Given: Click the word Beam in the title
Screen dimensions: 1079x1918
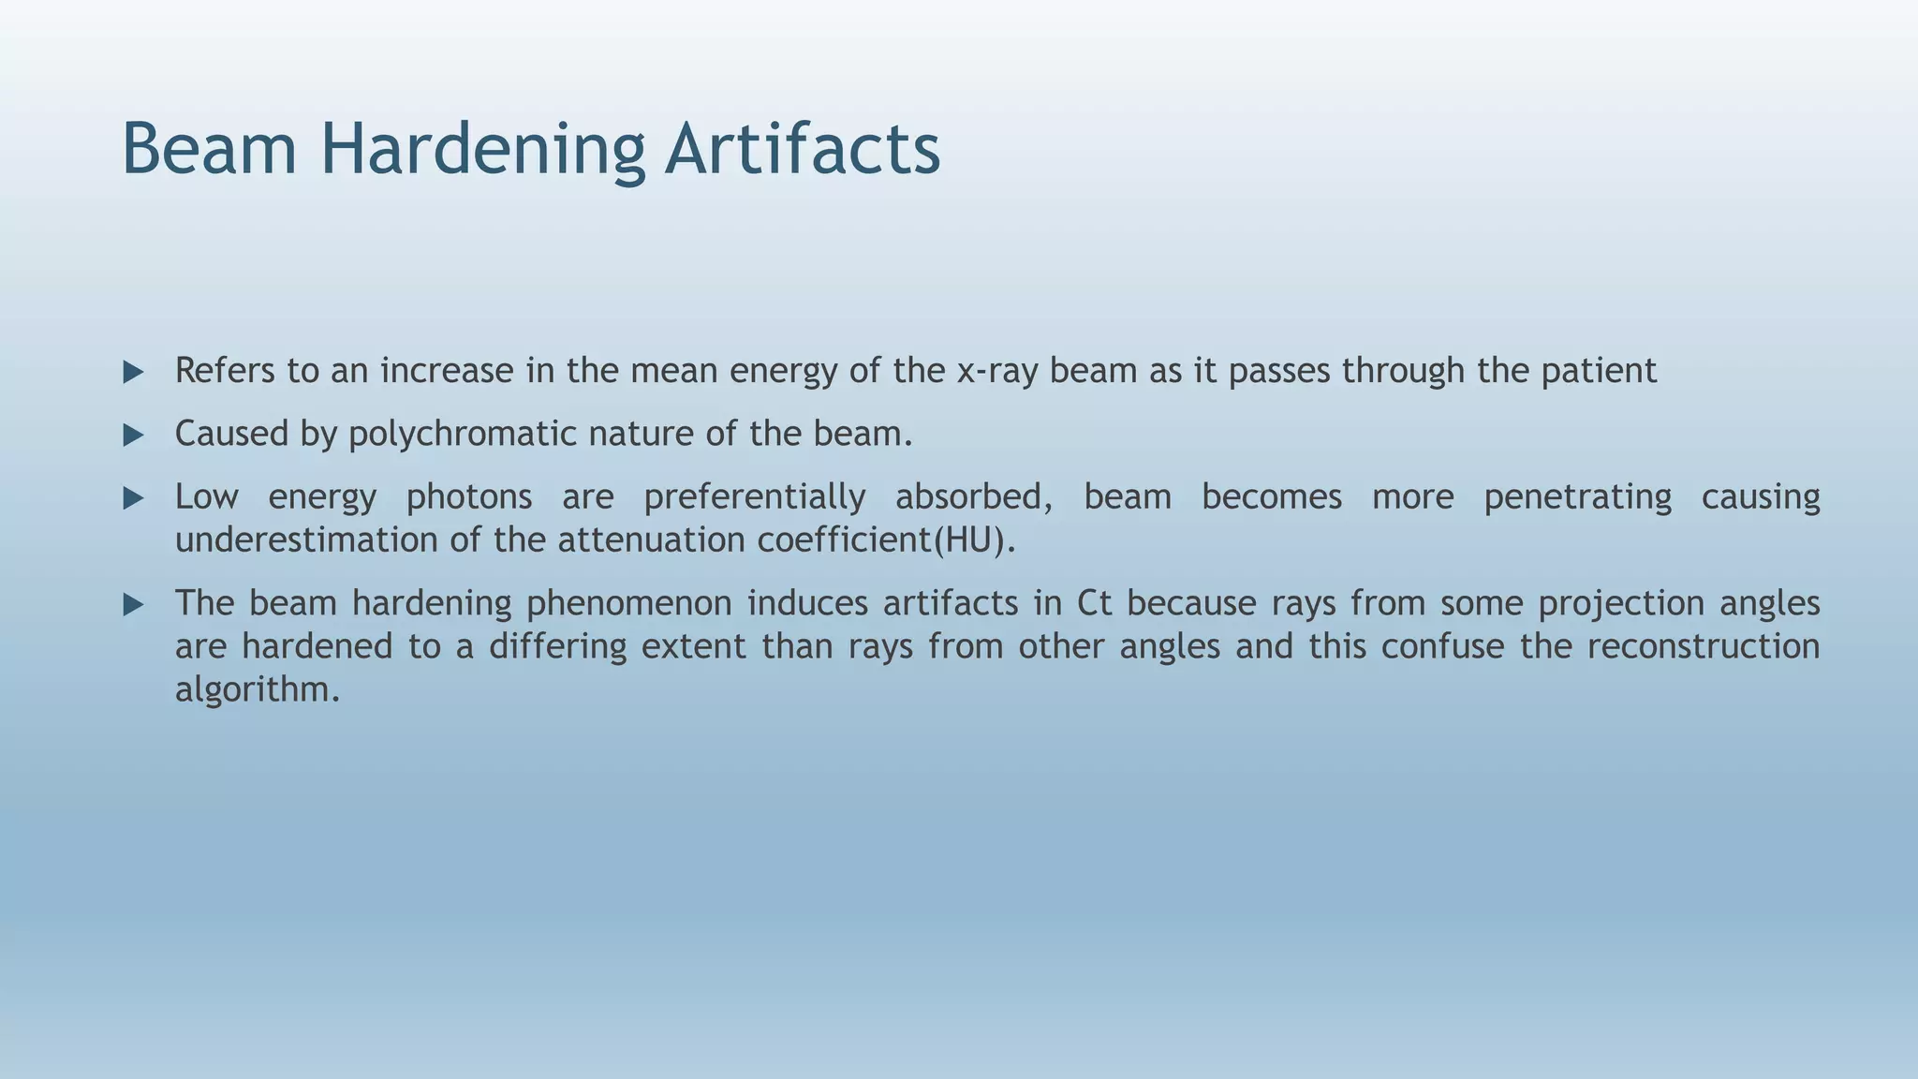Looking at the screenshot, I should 209,150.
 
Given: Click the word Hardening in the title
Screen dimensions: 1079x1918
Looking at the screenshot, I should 482,150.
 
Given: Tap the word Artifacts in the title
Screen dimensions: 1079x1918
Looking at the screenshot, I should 803,150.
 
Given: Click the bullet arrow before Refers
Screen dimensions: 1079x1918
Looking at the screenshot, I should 134,373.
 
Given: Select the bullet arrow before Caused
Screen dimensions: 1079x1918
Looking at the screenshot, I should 134,436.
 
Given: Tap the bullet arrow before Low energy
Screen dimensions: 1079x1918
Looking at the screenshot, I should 134,498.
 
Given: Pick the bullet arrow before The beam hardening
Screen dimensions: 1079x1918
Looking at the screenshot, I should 134,605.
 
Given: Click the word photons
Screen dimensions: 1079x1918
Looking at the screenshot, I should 468,497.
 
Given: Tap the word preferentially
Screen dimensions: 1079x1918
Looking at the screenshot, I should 754,497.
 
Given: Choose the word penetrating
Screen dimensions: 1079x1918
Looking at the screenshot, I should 1577,497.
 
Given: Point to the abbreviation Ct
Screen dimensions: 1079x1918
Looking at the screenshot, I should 1094,603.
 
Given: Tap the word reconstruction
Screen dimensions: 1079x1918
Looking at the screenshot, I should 1703,646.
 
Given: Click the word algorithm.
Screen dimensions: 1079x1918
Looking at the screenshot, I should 257,690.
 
